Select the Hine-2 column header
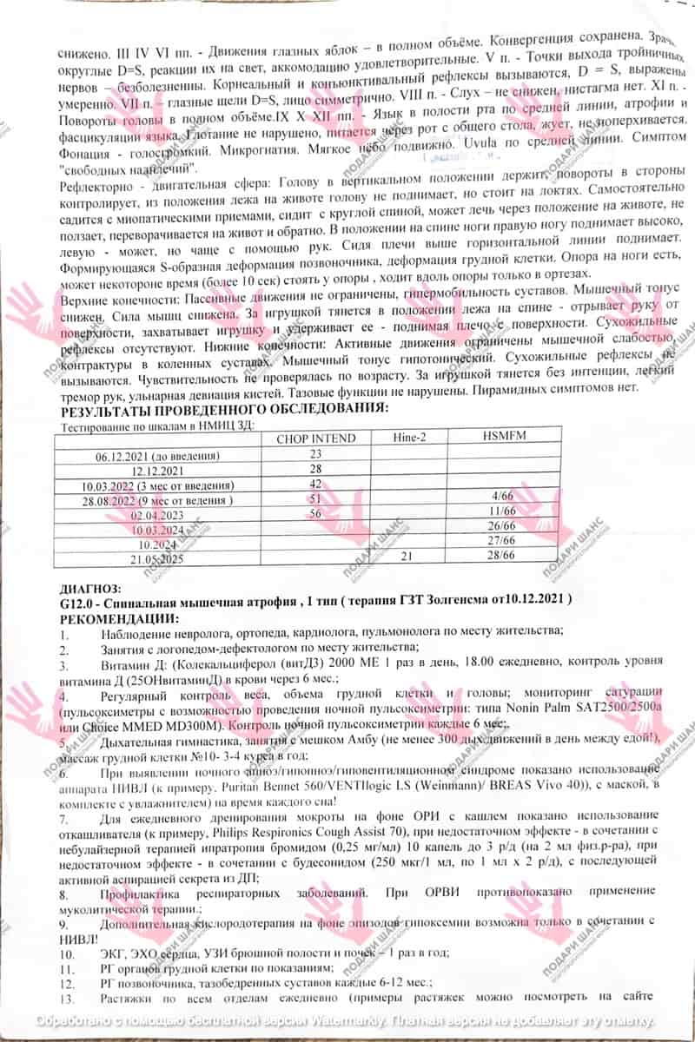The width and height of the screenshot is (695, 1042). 407,438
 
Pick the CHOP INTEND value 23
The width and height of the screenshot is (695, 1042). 315,454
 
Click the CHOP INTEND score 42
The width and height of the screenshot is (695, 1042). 315,484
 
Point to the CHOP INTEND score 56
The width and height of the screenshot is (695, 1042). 315,513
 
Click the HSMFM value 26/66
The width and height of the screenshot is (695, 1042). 503,528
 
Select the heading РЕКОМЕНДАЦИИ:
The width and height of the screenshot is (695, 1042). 119,617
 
